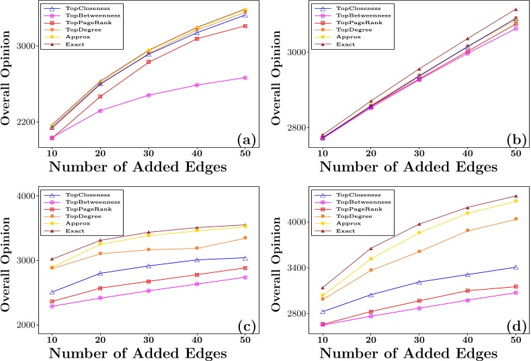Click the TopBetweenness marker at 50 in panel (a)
[x=244, y=78]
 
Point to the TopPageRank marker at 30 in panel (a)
[x=149, y=62]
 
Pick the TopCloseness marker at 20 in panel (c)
[x=100, y=273]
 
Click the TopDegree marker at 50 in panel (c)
[x=244, y=238]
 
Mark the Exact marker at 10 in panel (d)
[x=322, y=288]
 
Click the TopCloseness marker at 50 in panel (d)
[x=516, y=267]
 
